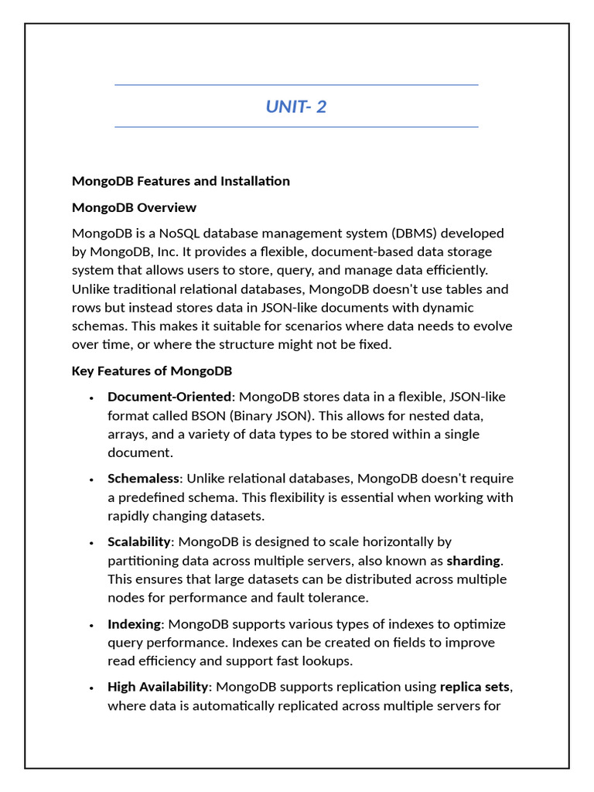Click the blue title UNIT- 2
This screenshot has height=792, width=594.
(296, 107)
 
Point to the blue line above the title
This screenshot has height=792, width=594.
(296, 85)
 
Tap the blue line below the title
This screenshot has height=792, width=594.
(296, 127)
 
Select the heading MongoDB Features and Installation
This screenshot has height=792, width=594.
(181, 181)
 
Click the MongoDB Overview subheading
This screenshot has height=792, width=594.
(134, 207)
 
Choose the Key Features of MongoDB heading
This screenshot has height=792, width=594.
(152, 371)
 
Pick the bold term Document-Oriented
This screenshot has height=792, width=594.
(169, 397)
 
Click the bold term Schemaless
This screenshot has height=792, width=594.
(143, 479)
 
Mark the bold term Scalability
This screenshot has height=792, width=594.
(138, 542)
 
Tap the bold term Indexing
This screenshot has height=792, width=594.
(135, 624)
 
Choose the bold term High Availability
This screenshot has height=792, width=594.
(158, 687)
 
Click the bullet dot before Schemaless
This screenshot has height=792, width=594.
(91, 480)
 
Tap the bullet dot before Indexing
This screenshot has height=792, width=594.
(91, 625)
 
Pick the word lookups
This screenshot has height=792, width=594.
(325, 661)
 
